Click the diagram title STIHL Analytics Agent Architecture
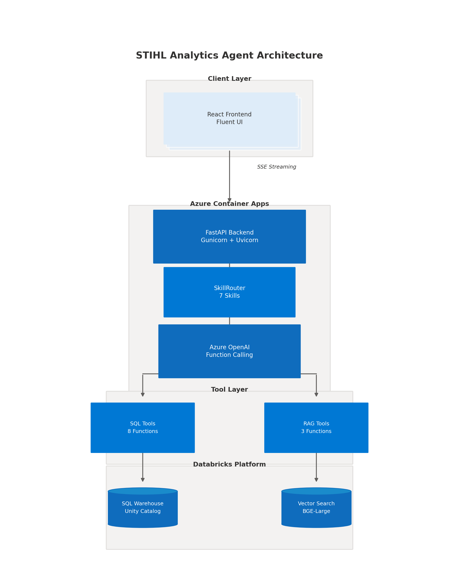pyautogui.click(x=229, y=55)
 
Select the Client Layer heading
pyautogui.click(x=229, y=79)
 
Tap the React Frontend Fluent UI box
pyautogui.click(x=229, y=118)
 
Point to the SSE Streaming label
pyautogui.click(x=277, y=167)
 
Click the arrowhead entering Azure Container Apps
pyautogui.click(x=229, y=200)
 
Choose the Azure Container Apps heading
pyautogui.click(x=229, y=204)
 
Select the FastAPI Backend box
pyautogui.click(x=229, y=237)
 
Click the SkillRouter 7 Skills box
pyautogui.click(x=229, y=292)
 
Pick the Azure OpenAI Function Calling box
pyautogui.click(x=229, y=351)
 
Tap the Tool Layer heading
pyautogui.click(x=229, y=390)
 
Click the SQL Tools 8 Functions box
pyautogui.click(x=143, y=427)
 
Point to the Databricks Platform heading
pyautogui.click(x=229, y=465)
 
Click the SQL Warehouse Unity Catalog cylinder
pyautogui.click(x=143, y=508)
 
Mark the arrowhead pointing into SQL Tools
pyautogui.click(x=143, y=395)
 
